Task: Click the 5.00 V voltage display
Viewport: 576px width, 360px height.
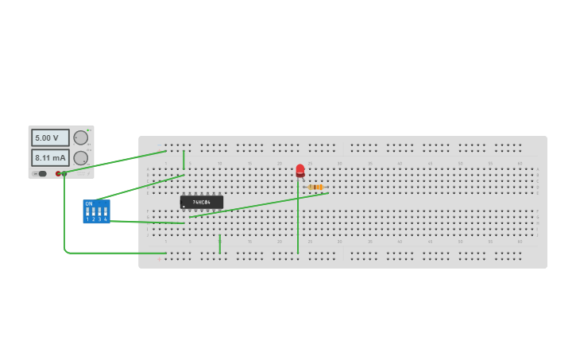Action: click(x=50, y=137)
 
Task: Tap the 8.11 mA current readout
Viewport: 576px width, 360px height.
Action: click(x=50, y=157)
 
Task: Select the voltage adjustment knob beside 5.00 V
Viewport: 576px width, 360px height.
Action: click(x=80, y=137)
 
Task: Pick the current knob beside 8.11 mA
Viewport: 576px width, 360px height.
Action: click(x=80, y=157)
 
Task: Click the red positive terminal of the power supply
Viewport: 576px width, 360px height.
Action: click(x=58, y=173)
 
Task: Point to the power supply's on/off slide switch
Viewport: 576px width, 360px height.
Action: click(x=41, y=173)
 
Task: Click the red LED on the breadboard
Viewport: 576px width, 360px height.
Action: click(x=300, y=170)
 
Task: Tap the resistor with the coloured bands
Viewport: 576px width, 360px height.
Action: click(x=315, y=187)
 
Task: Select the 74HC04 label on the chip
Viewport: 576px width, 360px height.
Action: click(x=201, y=202)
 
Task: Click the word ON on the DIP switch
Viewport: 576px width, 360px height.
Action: click(x=89, y=204)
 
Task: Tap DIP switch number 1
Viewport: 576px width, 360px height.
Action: click(x=87, y=212)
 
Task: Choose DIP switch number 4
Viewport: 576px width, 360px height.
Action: click(x=105, y=212)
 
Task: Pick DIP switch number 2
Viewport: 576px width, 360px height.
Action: click(x=93, y=212)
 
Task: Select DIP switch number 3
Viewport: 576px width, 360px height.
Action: click(x=99, y=212)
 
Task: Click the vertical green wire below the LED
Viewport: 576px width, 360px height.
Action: click(x=298, y=223)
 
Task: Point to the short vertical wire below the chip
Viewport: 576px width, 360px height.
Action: click(x=219, y=243)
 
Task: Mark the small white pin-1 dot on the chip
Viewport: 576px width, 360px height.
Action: click(x=184, y=207)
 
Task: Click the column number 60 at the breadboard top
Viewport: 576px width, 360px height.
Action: click(x=520, y=163)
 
